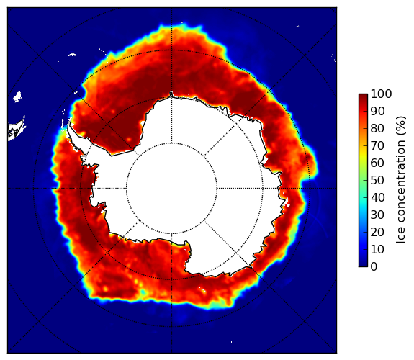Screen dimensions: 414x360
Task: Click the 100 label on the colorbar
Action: [382, 94]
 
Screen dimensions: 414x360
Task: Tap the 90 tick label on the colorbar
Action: [377, 111]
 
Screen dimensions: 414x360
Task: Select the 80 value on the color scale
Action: [377, 129]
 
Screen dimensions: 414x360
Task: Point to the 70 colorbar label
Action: [377, 145]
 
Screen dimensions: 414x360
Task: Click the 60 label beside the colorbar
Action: [377, 163]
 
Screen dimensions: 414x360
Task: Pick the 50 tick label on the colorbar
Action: [377, 181]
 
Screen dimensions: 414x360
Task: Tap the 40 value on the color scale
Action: [377, 197]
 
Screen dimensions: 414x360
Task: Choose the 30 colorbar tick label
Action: [377, 215]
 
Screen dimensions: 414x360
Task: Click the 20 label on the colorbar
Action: [377, 232]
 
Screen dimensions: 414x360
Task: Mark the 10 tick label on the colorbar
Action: [377, 249]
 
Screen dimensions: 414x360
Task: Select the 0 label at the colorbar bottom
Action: [374, 267]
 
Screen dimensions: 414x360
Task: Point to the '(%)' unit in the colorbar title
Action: [401, 126]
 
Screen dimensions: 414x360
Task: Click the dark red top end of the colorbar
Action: [363, 96]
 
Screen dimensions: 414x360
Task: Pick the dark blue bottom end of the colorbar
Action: [363, 265]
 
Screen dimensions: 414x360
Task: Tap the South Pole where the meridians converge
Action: [171, 189]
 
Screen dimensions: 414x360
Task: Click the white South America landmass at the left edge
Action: [17, 130]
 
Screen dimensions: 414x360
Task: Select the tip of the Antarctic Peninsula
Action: [69, 123]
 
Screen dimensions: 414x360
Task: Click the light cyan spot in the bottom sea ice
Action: [143, 292]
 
